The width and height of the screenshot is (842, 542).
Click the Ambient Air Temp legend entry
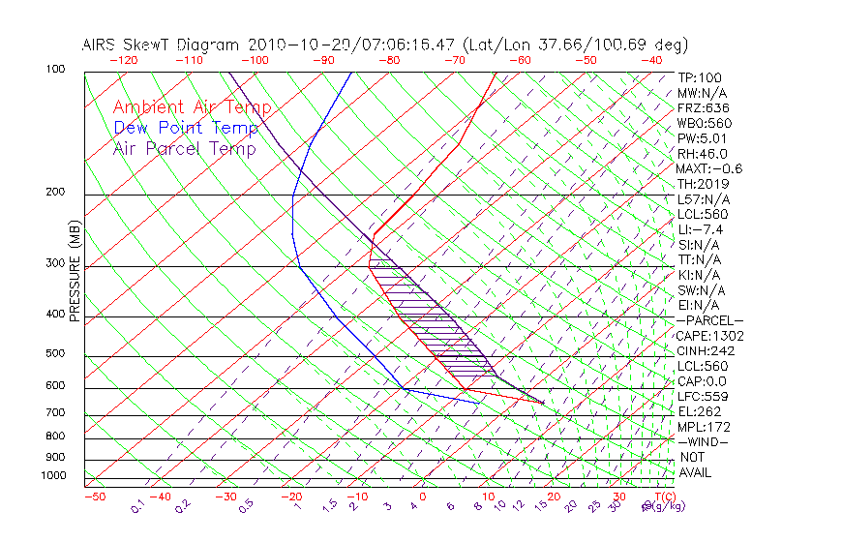192,107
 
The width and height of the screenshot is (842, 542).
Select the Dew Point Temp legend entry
186,128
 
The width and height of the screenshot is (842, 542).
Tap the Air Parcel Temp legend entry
184,148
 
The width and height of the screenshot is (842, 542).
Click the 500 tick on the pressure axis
54,354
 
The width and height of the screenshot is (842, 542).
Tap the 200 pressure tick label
54,192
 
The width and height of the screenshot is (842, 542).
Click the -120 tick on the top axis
123,59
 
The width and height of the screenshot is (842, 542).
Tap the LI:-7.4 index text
700,229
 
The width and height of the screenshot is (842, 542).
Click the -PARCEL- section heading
710,320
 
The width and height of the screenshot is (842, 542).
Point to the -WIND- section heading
704,441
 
